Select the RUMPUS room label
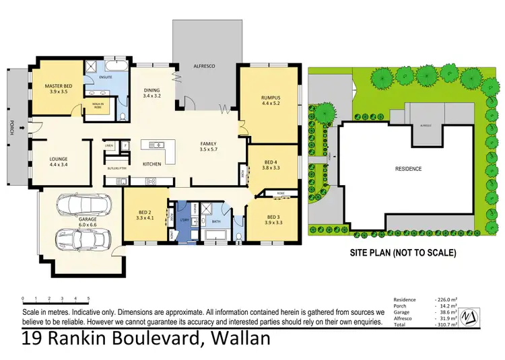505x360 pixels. tap(270, 100)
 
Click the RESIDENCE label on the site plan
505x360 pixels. tap(408, 169)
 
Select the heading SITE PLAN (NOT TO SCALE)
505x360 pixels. tap(403, 254)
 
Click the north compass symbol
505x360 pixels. tap(474, 314)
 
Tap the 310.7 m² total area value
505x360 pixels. tap(446, 324)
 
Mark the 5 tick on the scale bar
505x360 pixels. tap(88, 298)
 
